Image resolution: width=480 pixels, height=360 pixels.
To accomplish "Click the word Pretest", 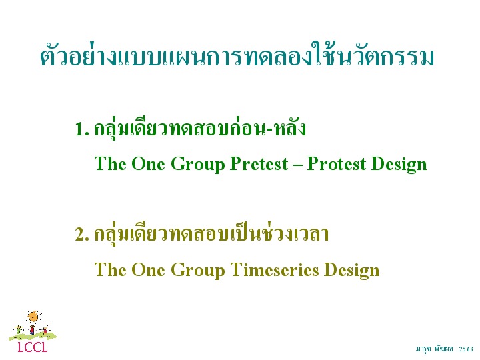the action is point(259,164).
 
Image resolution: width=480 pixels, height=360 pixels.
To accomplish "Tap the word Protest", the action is point(337,164).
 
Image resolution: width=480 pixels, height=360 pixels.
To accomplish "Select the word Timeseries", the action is point(275,270).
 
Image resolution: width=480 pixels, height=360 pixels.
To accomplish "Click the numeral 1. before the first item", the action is point(82,129).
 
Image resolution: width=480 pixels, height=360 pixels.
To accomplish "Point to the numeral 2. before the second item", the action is point(82,235).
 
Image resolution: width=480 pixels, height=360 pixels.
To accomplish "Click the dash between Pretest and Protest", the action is point(297,166).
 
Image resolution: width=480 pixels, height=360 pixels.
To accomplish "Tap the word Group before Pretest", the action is point(198,165).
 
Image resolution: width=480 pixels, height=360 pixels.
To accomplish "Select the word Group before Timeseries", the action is point(198,271).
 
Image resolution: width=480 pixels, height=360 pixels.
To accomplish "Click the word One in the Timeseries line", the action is point(149,270).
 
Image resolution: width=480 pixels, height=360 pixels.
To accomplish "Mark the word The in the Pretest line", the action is point(110,164).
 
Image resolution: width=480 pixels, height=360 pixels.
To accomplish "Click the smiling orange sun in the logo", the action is point(33,317).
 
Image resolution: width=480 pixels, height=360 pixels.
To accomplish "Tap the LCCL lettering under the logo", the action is point(33,347).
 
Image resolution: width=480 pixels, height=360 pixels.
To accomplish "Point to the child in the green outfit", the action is point(19,330).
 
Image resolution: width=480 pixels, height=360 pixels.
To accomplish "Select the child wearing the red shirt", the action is point(32,330).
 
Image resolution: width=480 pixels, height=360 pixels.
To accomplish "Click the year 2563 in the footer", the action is point(466,349).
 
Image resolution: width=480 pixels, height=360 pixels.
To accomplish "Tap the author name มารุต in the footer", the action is point(423,349).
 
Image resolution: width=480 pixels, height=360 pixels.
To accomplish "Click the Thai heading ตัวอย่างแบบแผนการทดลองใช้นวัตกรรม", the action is point(237,56).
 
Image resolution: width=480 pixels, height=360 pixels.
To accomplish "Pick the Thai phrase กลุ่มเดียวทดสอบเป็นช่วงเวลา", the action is point(211,235).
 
